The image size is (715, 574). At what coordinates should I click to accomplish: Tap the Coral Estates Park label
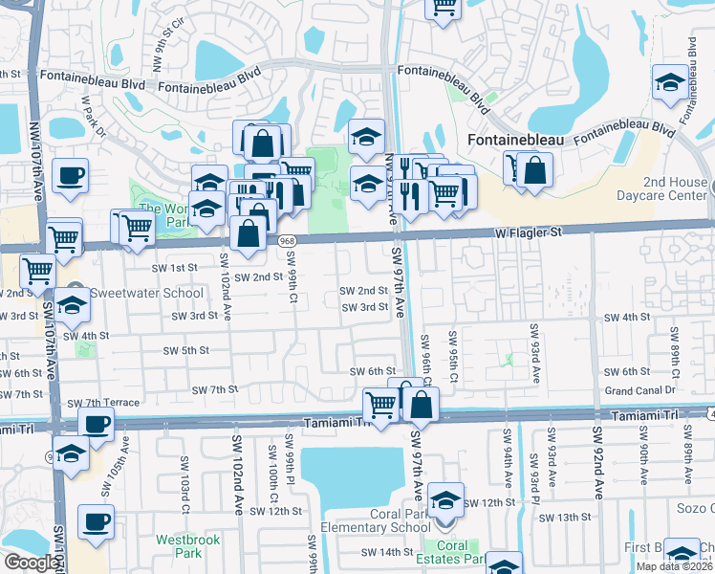pyautogui.click(x=453, y=553)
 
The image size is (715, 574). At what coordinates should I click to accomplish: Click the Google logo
pyautogui.click(x=31, y=563)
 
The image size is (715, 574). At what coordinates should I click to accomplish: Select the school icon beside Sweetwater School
pyautogui.click(x=71, y=304)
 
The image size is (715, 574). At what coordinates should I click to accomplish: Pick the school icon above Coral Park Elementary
pyautogui.click(x=445, y=500)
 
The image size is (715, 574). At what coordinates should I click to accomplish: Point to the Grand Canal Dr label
pyautogui.click(x=639, y=390)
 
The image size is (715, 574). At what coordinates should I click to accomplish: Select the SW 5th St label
pyautogui.click(x=185, y=351)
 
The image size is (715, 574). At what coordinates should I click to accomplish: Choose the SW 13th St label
pyautogui.click(x=565, y=518)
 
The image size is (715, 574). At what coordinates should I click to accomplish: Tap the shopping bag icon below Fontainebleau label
pyautogui.click(x=538, y=171)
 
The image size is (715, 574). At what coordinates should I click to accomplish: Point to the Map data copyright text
pyautogui.click(x=674, y=566)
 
